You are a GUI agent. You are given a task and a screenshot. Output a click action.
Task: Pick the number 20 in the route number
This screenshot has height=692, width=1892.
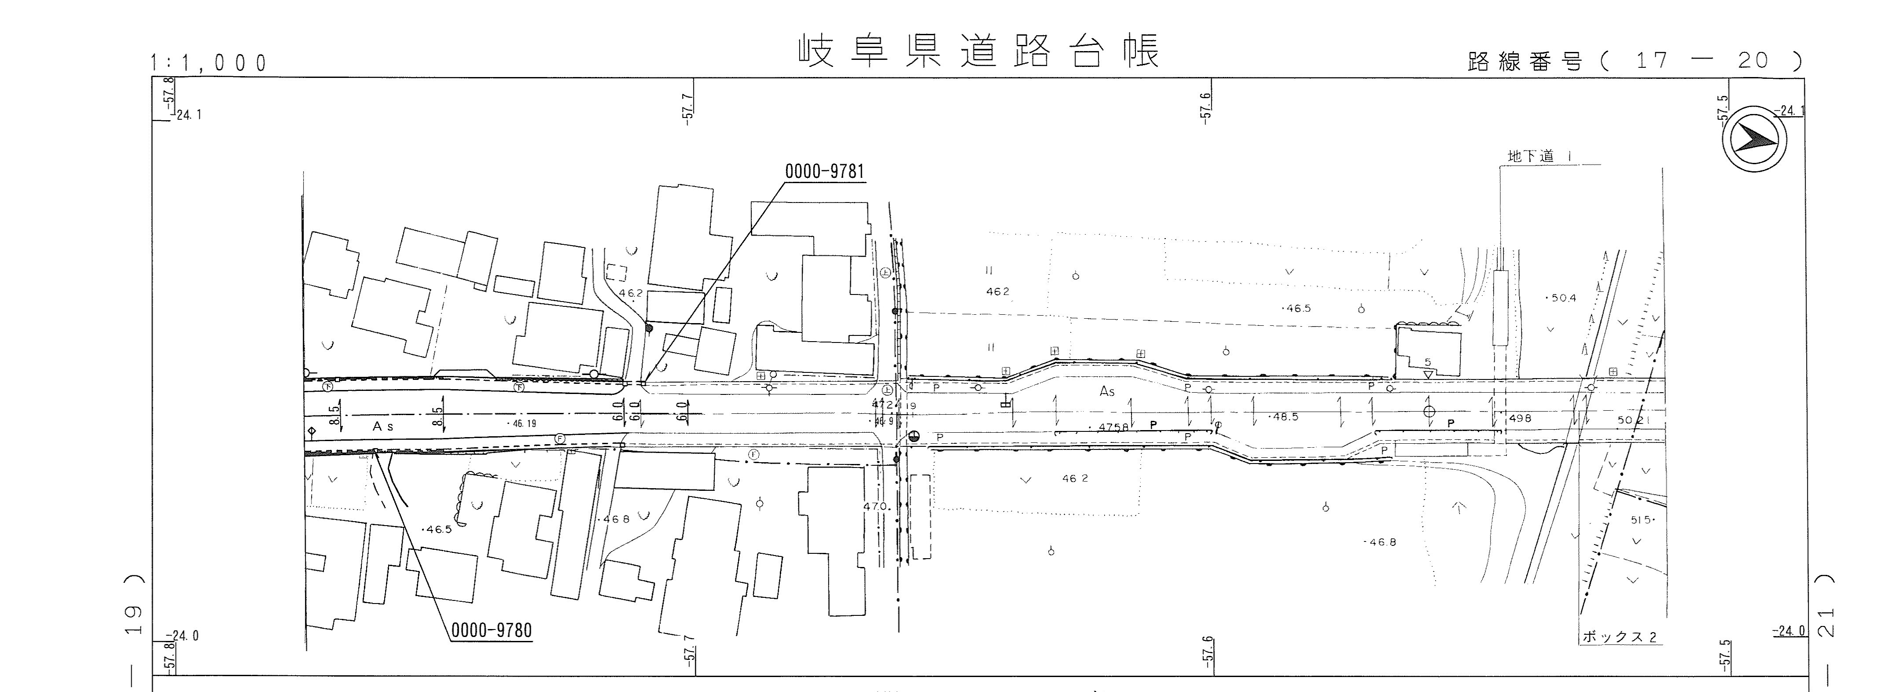(x=1753, y=60)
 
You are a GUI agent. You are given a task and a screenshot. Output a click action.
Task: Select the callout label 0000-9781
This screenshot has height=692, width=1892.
(x=824, y=172)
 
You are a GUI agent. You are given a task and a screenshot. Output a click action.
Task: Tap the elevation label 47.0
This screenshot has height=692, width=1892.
(x=877, y=506)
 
